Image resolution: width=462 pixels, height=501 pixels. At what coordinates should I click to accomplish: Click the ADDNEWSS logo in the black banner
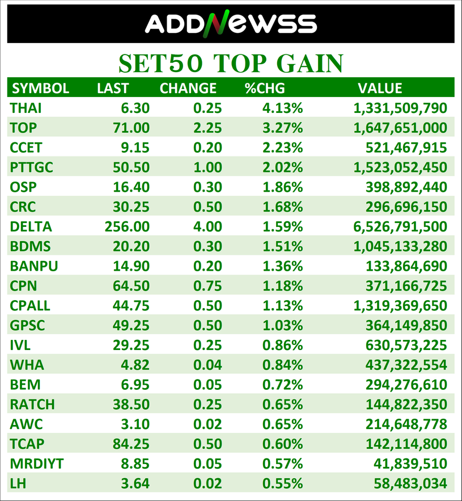[x=231, y=23]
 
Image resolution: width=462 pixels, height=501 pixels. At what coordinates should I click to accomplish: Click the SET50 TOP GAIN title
[x=231, y=64]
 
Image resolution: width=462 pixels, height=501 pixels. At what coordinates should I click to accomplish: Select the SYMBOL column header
[x=41, y=88]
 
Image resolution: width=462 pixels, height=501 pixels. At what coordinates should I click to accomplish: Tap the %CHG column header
[x=265, y=88]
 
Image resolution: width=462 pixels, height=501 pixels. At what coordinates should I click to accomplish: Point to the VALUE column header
[x=380, y=88]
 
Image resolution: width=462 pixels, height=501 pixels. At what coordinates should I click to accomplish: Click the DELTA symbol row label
[x=31, y=226]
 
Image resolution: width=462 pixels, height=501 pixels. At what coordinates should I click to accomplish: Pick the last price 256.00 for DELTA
[x=127, y=226]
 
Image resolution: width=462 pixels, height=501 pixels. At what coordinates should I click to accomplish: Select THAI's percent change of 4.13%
[x=282, y=108]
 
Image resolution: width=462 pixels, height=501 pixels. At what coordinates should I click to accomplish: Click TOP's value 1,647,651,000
[x=400, y=128]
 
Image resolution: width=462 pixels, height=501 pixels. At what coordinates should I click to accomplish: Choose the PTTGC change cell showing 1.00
[x=207, y=167]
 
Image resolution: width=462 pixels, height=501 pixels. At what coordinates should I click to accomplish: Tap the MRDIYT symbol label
[x=37, y=464]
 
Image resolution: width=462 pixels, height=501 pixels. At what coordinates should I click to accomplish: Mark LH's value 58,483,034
[x=410, y=483]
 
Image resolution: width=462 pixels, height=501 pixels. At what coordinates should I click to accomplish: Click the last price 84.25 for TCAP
[x=131, y=444]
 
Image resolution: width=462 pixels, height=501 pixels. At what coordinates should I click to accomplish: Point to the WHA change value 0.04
[x=207, y=365]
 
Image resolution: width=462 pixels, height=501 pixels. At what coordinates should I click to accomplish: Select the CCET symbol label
[x=26, y=148]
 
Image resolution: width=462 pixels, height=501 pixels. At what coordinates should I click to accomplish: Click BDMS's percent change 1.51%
[x=282, y=246]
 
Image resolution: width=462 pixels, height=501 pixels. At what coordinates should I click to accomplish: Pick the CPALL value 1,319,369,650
[x=400, y=305]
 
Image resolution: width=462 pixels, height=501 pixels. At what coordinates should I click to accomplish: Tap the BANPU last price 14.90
[x=131, y=266]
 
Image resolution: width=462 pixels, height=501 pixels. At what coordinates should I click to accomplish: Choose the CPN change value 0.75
[x=207, y=285]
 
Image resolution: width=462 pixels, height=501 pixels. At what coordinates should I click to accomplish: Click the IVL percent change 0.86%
[x=282, y=345]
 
